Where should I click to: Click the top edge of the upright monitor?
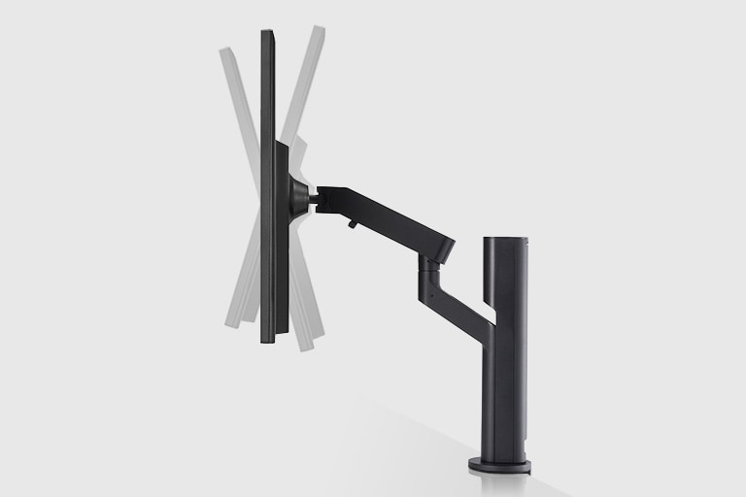[x=268, y=33]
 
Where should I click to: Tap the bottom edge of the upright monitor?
[x=270, y=341]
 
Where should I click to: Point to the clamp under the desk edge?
[x=525, y=470]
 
